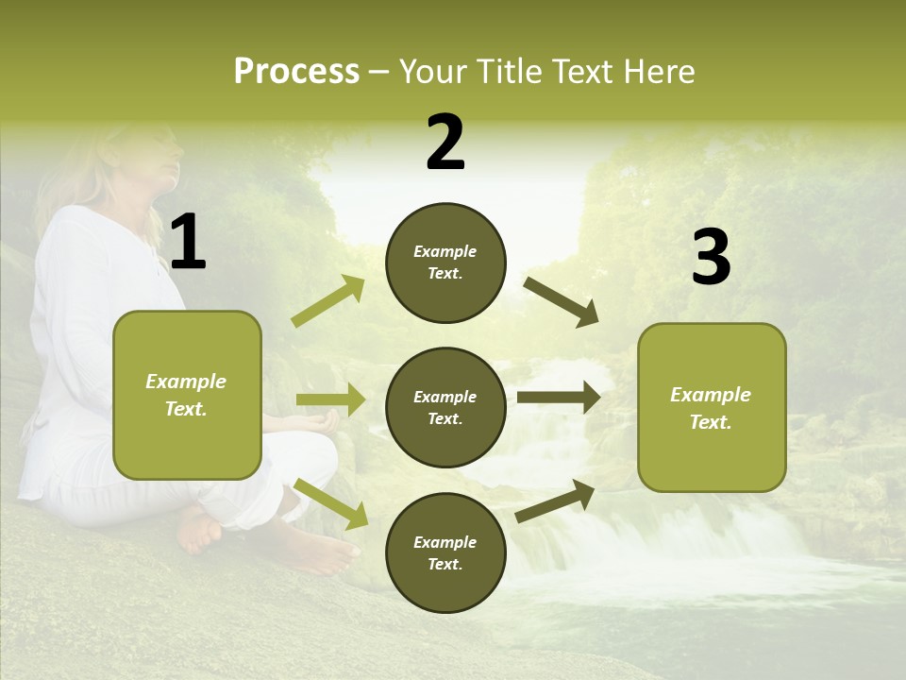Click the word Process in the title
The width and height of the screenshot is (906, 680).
[296, 72]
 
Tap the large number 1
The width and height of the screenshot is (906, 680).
[188, 243]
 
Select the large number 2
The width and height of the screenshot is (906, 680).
[445, 143]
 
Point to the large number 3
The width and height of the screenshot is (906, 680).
[711, 258]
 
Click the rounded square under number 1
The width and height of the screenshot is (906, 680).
[187, 395]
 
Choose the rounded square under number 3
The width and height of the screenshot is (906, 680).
[712, 407]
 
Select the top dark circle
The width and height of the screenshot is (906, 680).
[445, 263]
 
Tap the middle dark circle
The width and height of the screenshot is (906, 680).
[445, 407]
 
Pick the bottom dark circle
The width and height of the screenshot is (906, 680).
[445, 552]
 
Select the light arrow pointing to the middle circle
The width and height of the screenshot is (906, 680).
[330, 400]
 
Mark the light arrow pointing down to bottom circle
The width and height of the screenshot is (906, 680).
[331, 502]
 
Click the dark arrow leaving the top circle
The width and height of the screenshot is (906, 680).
[562, 302]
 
